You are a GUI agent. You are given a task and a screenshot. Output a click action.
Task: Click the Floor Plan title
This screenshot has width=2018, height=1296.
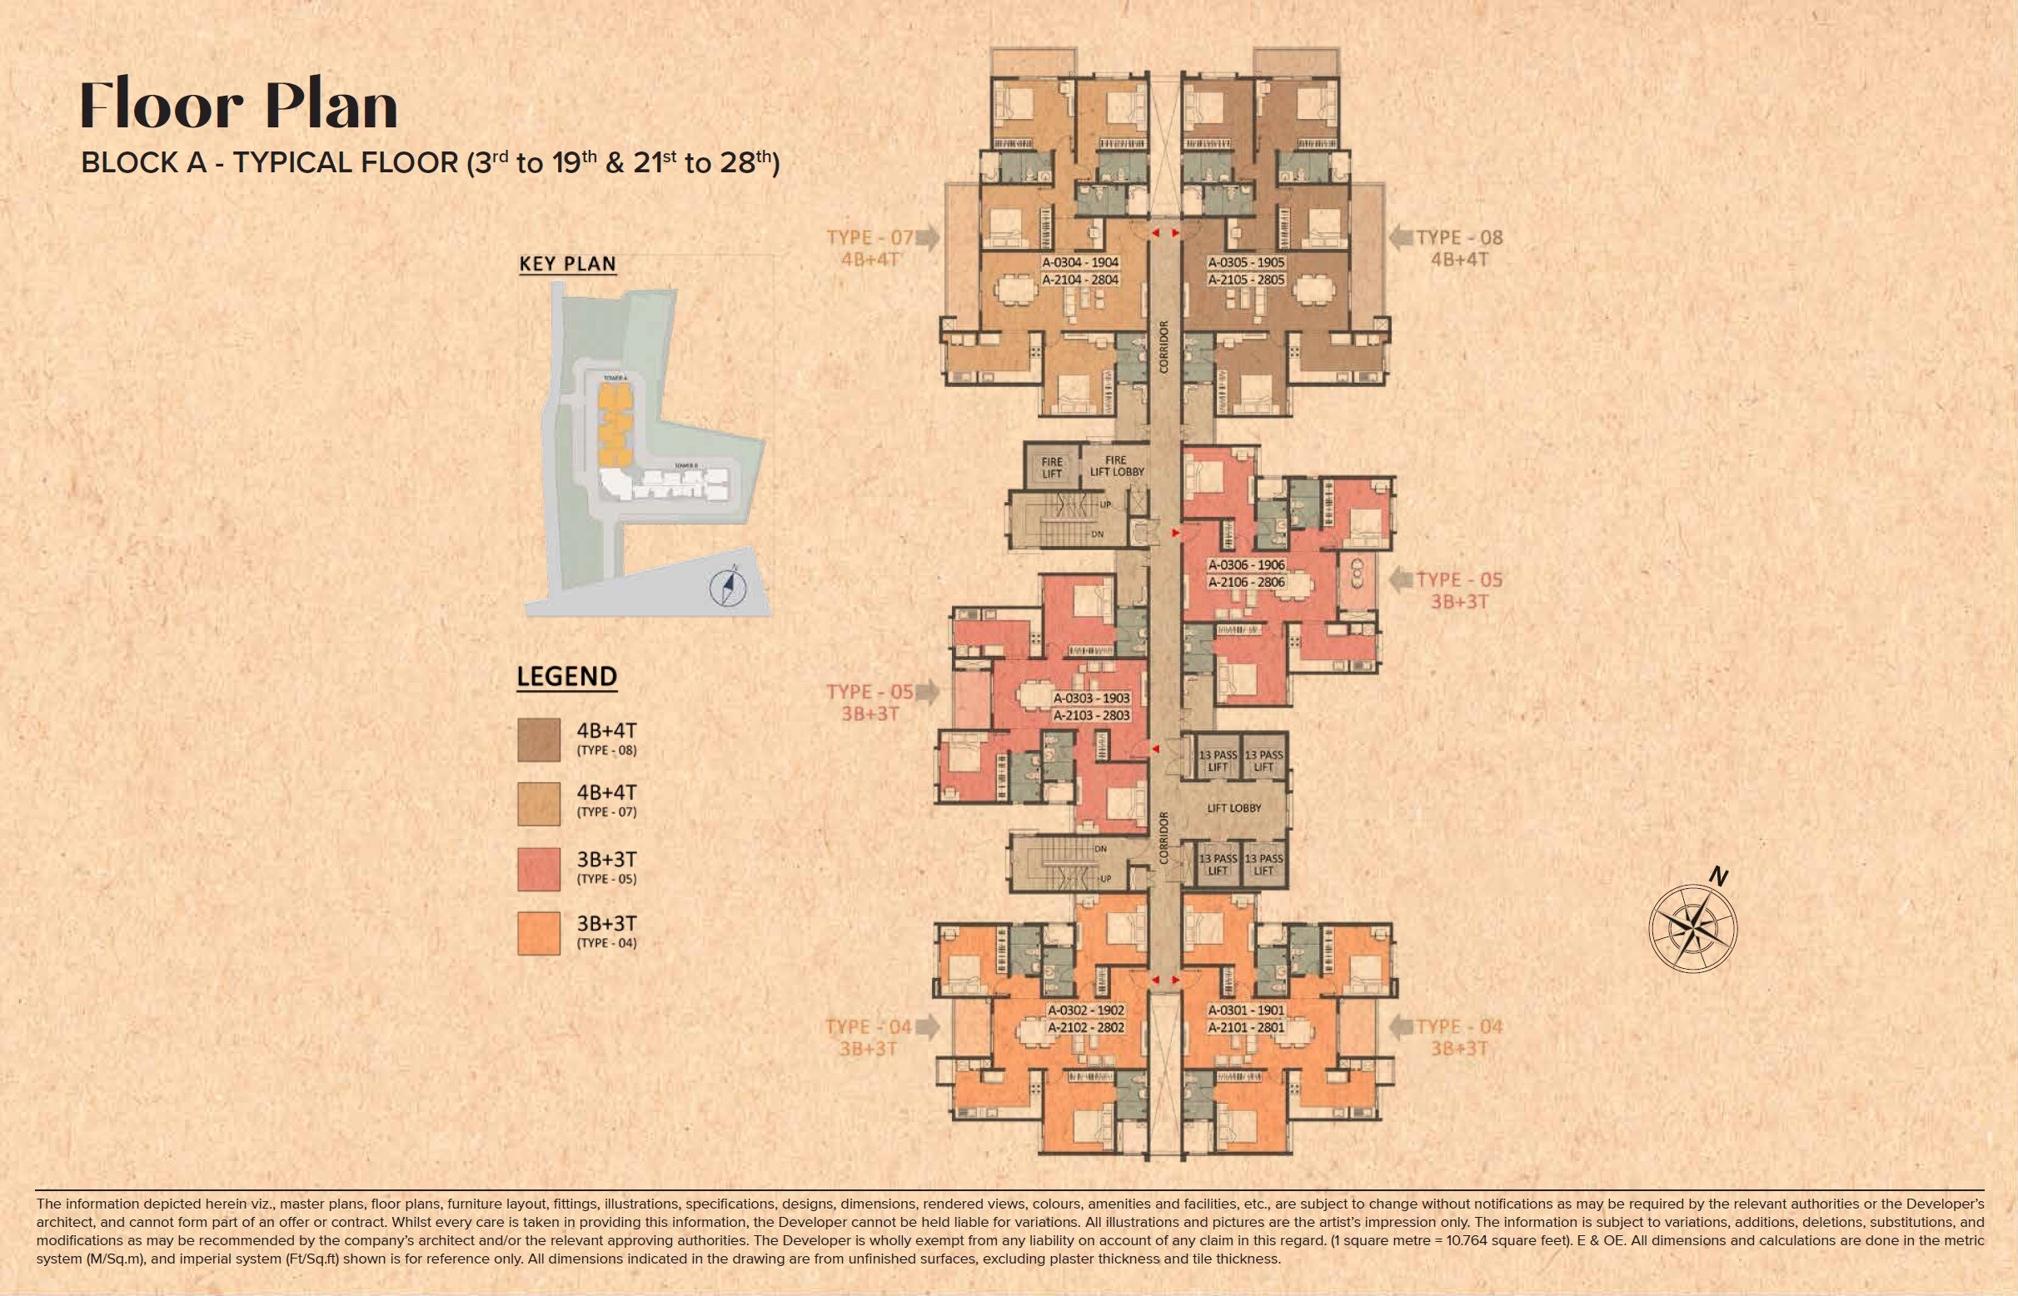pos(238,106)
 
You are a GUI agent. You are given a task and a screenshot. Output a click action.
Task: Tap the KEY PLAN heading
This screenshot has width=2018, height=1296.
pos(567,263)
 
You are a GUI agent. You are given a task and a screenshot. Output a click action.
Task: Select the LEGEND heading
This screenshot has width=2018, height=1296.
pos(566,676)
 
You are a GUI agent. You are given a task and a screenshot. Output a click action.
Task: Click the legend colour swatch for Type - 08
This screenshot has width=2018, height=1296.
pos(539,741)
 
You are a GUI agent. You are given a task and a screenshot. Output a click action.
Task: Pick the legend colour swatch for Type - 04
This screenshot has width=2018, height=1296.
pos(539,933)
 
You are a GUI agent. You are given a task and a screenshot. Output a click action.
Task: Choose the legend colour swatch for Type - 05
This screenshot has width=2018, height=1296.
pos(539,869)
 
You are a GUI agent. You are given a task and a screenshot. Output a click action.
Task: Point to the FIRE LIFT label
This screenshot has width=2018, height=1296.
pos(1052,467)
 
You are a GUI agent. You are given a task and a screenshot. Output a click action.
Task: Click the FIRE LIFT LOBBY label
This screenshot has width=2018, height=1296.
pos(1116,466)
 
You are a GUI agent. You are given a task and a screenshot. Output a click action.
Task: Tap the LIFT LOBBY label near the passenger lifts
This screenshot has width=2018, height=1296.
pos(1233,808)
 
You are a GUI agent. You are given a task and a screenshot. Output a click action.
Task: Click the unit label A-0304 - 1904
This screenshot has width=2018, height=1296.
pos(1080,262)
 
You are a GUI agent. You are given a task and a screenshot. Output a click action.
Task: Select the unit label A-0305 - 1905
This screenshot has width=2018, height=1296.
pos(1246,262)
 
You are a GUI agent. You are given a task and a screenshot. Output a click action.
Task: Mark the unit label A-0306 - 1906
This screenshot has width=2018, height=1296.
pos(1246,564)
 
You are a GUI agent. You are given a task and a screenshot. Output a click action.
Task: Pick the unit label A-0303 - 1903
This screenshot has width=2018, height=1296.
pos(1091,698)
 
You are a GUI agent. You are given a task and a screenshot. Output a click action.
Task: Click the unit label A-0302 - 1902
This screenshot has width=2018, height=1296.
pos(1086,1010)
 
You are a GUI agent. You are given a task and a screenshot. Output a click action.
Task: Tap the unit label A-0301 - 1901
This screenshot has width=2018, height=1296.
pos(1246,1010)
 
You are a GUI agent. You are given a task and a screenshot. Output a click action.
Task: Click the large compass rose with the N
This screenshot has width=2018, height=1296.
pos(1692,927)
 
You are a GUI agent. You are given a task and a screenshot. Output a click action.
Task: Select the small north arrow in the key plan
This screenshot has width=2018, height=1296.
pos(728,587)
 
